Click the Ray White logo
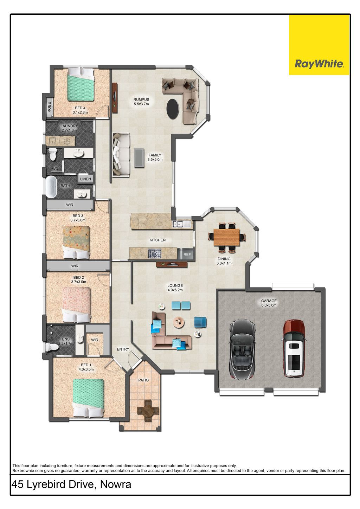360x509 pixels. (x=319, y=45)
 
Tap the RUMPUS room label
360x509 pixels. (x=141, y=99)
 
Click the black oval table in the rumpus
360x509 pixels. (x=173, y=108)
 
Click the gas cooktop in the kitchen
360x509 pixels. (x=155, y=254)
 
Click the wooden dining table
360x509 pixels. (x=227, y=237)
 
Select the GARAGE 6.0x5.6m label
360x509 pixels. (x=269, y=303)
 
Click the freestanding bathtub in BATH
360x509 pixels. (x=51, y=187)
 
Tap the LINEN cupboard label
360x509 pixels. (x=85, y=179)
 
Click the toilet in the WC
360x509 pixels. (x=53, y=154)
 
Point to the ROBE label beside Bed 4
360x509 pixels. (x=49, y=107)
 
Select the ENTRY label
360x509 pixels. (x=123, y=349)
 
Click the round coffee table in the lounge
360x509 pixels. (x=179, y=322)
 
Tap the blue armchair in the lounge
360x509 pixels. (x=200, y=322)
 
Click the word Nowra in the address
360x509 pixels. (x=116, y=484)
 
